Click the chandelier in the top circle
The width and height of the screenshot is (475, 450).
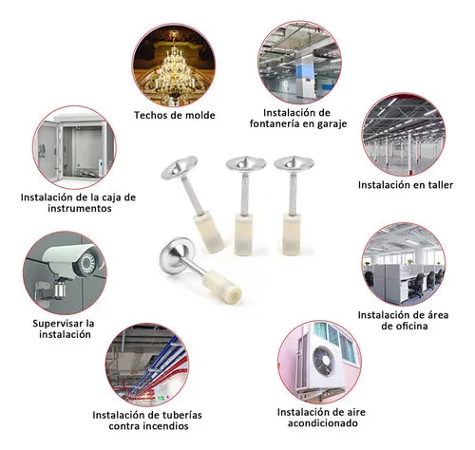(174, 68)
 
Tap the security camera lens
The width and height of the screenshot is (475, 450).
(86, 263)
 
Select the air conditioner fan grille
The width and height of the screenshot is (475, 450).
(324, 361)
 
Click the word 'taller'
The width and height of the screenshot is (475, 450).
(438, 185)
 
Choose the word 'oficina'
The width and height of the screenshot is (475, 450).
(409, 326)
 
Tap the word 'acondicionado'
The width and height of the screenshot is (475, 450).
(323, 423)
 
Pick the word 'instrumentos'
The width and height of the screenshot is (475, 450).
(80, 208)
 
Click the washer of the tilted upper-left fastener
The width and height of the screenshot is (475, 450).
(179, 167)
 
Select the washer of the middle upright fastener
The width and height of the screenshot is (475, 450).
(246, 163)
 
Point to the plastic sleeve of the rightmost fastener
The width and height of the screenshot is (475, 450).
(292, 234)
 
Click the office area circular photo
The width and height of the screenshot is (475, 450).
(403, 265)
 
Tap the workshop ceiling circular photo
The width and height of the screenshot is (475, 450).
(403, 135)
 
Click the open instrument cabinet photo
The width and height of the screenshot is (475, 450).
(74, 147)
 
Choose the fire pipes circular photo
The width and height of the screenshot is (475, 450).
(147, 365)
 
